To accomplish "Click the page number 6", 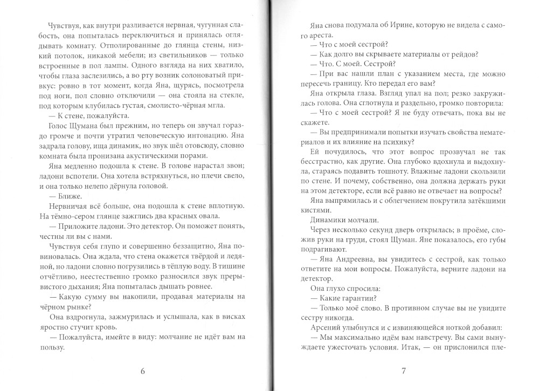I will point(143,371).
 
